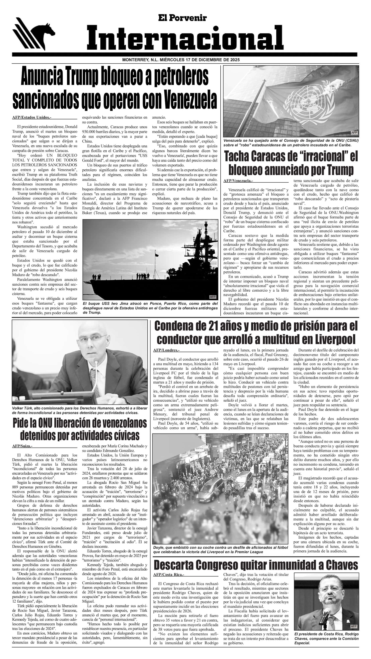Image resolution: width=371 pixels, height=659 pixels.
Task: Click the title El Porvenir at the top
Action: tap(182, 18)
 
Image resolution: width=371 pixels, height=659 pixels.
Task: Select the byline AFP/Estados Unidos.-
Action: tap(32, 117)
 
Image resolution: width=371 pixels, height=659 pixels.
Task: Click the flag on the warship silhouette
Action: tap(156, 255)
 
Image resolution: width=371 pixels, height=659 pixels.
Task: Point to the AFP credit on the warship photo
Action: tap(212, 297)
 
